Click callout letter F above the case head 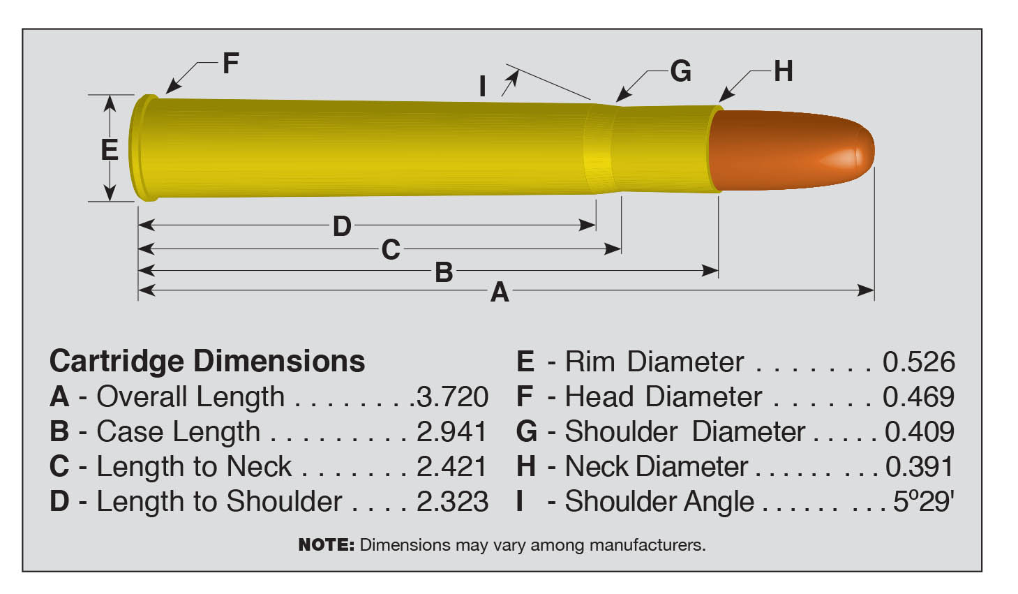[x=230, y=64]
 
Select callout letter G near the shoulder [x=680, y=71]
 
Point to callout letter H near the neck [x=783, y=71]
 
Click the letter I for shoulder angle [x=482, y=87]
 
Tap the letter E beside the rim [x=110, y=150]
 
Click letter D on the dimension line [x=341, y=226]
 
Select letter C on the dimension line [x=390, y=249]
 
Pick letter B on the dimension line [x=444, y=272]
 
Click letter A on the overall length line [x=499, y=292]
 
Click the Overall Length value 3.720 [x=452, y=396]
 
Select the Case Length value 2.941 [x=451, y=431]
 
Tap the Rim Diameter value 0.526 [x=918, y=362]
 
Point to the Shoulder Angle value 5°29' [x=923, y=501]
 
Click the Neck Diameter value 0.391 [x=919, y=466]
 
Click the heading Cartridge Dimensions [x=207, y=361]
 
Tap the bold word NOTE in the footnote [x=326, y=544]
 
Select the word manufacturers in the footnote [x=647, y=544]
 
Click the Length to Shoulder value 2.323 [x=452, y=501]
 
